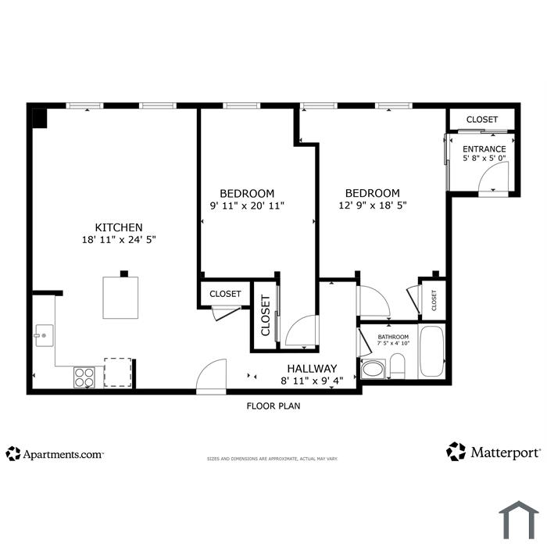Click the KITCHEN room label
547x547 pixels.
(x=119, y=227)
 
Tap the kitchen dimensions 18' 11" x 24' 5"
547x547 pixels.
(x=119, y=240)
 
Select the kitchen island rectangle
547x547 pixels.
(x=120, y=298)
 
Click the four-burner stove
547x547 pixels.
(x=84, y=377)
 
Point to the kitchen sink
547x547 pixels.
(x=45, y=335)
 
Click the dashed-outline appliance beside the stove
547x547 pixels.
(x=118, y=372)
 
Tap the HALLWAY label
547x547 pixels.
(x=312, y=369)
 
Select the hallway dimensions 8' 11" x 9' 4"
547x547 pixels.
(x=312, y=381)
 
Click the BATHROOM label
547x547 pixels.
(x=393, y=337)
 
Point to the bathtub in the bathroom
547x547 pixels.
(x=432, y=352)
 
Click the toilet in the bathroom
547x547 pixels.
(x=397, y=366)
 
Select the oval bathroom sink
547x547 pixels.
(x=372, y=370)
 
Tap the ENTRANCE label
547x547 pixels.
(x=484, y=149)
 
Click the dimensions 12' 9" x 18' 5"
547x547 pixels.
(x=373, y=205)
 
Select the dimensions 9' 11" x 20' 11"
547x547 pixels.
(x=247, y=206)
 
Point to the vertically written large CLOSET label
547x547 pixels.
(x=266, y=316)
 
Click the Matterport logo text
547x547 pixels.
(x=506, y=452)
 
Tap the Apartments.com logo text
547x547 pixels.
(x=63, y=455)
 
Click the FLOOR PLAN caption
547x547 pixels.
(x=273, y=406)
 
